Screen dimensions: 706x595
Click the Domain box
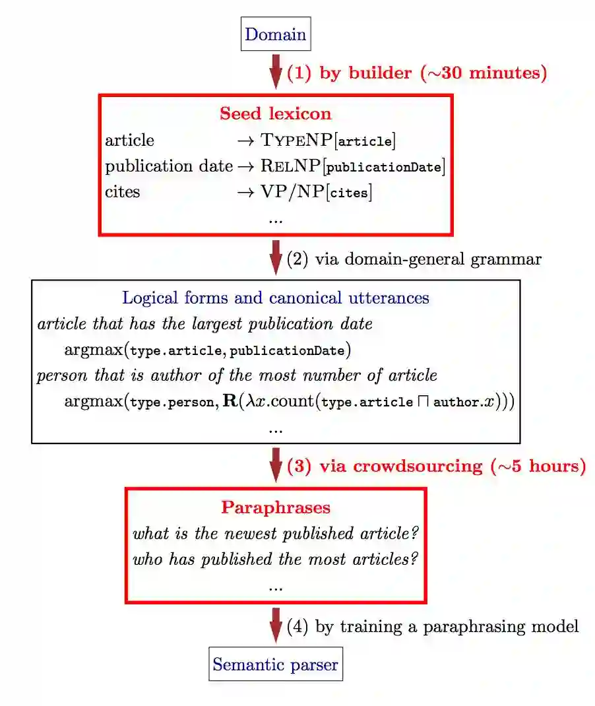(x=275, y=34)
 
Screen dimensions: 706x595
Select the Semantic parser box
(x=275, y=664)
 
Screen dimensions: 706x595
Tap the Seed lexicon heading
(x=275, y=113)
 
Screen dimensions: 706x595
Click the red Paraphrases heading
(x=275, y=507)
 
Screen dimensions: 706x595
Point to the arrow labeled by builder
(x=276, y=71)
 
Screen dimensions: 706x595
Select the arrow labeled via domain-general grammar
(x=276, y=258)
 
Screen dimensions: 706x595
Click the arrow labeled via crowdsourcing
(x=276, y=465)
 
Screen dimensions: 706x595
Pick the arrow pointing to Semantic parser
(x=276, y=625)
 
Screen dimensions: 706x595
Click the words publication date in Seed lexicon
(x=168, y=166)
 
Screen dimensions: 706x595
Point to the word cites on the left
(x=122, y=193)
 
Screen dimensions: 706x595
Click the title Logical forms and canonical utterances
(x=275, y=298)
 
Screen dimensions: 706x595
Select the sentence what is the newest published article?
(x=276, y=534)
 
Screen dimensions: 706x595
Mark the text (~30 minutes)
(x=484, y=73)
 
